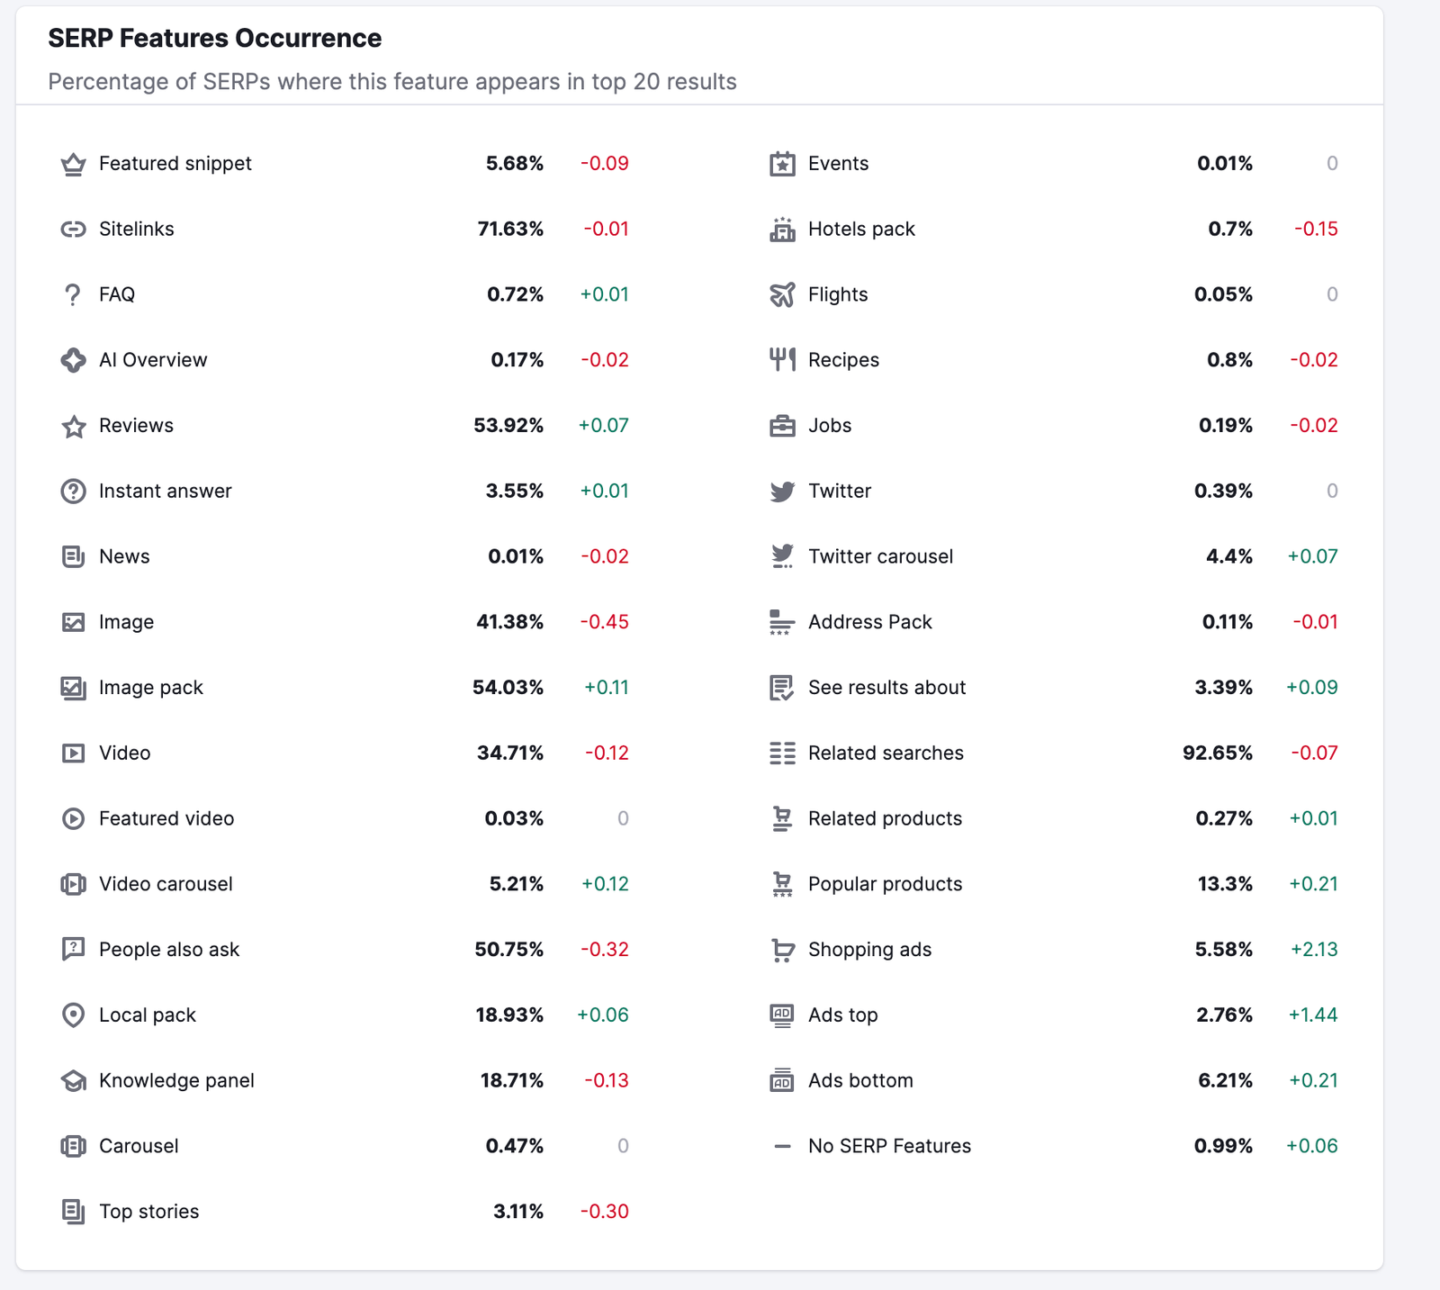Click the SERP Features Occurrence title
click(x=214, y=39)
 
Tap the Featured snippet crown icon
click(x=73, y=164)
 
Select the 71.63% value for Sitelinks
click(x=510, y=230)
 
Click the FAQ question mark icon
click(x=73, y=295)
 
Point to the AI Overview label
click(x=153, y=360)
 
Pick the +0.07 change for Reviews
click(x=603, y=426)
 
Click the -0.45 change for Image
click(x=604, y=622)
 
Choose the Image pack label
click(x=151, y=688)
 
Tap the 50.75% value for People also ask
click(x=508, y=950)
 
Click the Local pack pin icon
click(x=73, y=1015)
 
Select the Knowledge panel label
click(x=176, y=1080)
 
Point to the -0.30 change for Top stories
click(x=604, y=1212)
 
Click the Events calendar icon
click(x=782, y=164)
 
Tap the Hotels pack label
click(x=861, y=230)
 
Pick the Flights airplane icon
click(x=782, y=295)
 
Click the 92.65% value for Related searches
click(x=1217, y=753)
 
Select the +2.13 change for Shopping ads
click(x=1314, y=950)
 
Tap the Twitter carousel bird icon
click(x=782, y=556)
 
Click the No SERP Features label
click(x=889, y=1146)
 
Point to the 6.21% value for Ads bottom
click(x=1225, y=1080)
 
